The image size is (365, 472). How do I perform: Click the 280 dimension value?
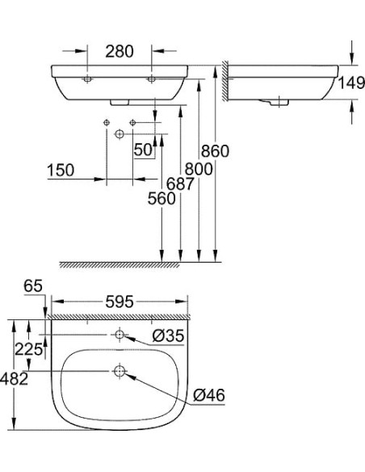119,52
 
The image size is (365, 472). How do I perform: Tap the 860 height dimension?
216,150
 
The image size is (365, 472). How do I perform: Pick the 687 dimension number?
178,183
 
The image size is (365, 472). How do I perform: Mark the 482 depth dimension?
16,377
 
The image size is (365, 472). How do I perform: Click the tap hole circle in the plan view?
119,335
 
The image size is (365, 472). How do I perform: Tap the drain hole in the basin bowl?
119,372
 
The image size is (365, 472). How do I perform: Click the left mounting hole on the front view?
86,79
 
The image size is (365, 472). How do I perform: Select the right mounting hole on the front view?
150,79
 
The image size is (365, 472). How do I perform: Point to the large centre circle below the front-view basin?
119,133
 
